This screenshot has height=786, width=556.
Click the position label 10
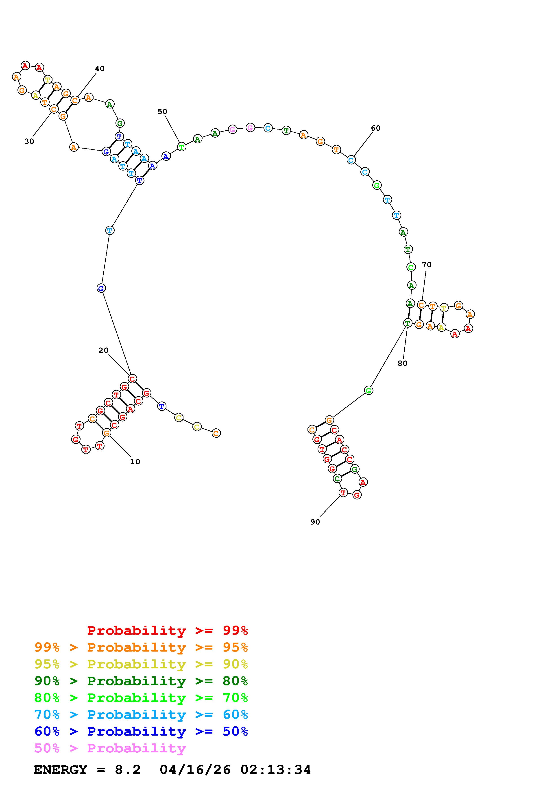(x=135, y=462)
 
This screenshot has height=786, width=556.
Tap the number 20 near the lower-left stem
(x=103, y=351)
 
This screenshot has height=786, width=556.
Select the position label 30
(x=29, y=141)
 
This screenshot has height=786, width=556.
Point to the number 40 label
(x=99, y=69)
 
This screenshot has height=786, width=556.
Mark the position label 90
(x=315, y=522)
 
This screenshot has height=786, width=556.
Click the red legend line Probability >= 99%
(x=168, y=631)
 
